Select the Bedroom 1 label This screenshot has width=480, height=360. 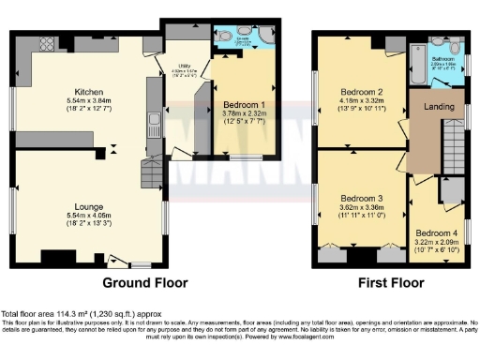click(244, 104)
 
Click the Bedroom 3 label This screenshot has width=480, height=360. click(361, 199)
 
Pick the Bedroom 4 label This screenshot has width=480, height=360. click(435, 232)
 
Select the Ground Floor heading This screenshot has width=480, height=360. click(144, 282)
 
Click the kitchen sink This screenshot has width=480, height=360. click(152, 119)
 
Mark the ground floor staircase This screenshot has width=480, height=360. click(148, 172)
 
